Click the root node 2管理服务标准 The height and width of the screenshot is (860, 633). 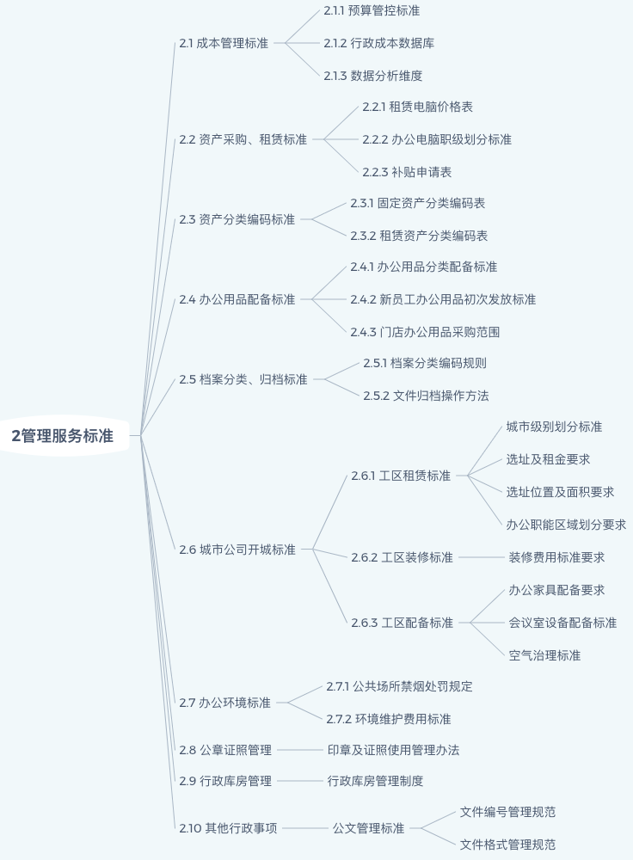[63, 436]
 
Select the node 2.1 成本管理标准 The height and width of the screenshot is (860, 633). [224, 43]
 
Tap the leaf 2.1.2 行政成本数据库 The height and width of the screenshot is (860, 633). [379, 43]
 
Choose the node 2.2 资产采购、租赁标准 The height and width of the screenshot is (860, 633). [243, 139]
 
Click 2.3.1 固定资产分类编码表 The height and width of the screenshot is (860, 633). [417, 203]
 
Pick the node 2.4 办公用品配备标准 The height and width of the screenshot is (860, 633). [237, 299]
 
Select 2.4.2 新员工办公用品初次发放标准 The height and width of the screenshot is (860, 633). [443, 299]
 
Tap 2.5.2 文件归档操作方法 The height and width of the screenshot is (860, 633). [426, 396]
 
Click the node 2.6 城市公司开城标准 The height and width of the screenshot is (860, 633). [237, 550]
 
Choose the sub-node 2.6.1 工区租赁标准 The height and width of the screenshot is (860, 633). [401, 476]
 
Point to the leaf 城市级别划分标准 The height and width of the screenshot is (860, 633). [554, 427]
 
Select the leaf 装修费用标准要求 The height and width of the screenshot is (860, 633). [556, 557]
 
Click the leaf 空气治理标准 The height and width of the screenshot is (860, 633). [544, 655]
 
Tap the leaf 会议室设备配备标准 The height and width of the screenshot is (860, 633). [562, 623]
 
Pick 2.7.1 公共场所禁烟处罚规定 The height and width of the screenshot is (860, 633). [399, 686]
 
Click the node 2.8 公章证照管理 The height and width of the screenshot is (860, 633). [225, 750]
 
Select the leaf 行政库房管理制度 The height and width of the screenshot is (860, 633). [375, 781]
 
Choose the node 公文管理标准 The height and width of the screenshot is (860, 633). [368, 828]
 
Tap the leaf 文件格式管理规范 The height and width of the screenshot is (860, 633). [507, 845]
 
